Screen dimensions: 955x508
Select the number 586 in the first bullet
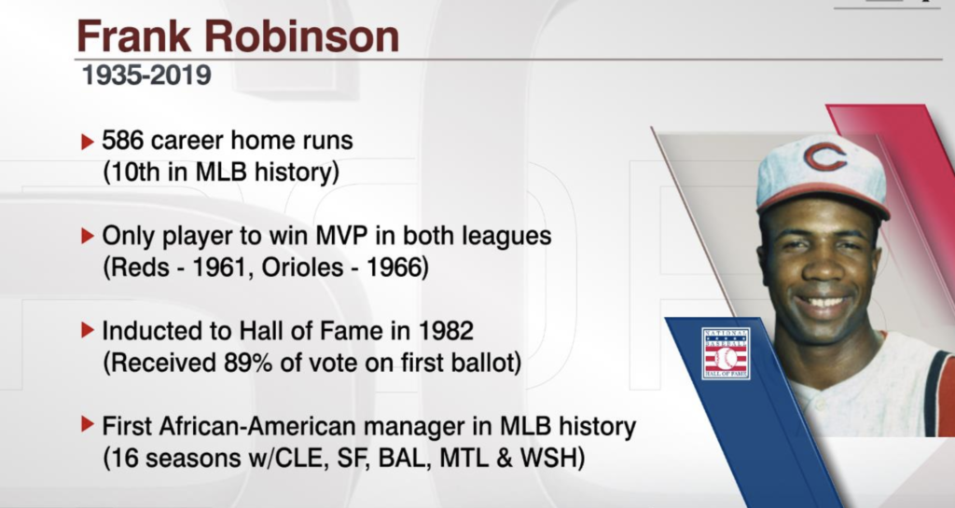(x=122, y=141)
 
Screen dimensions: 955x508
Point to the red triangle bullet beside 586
(x=87, y=142)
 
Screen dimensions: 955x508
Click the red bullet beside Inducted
(x=87, y=330)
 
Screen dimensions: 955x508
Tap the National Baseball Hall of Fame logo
(x=726, y=353)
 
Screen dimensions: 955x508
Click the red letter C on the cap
(x=825, y=157)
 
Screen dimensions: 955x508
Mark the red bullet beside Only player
(x=87, y=236)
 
